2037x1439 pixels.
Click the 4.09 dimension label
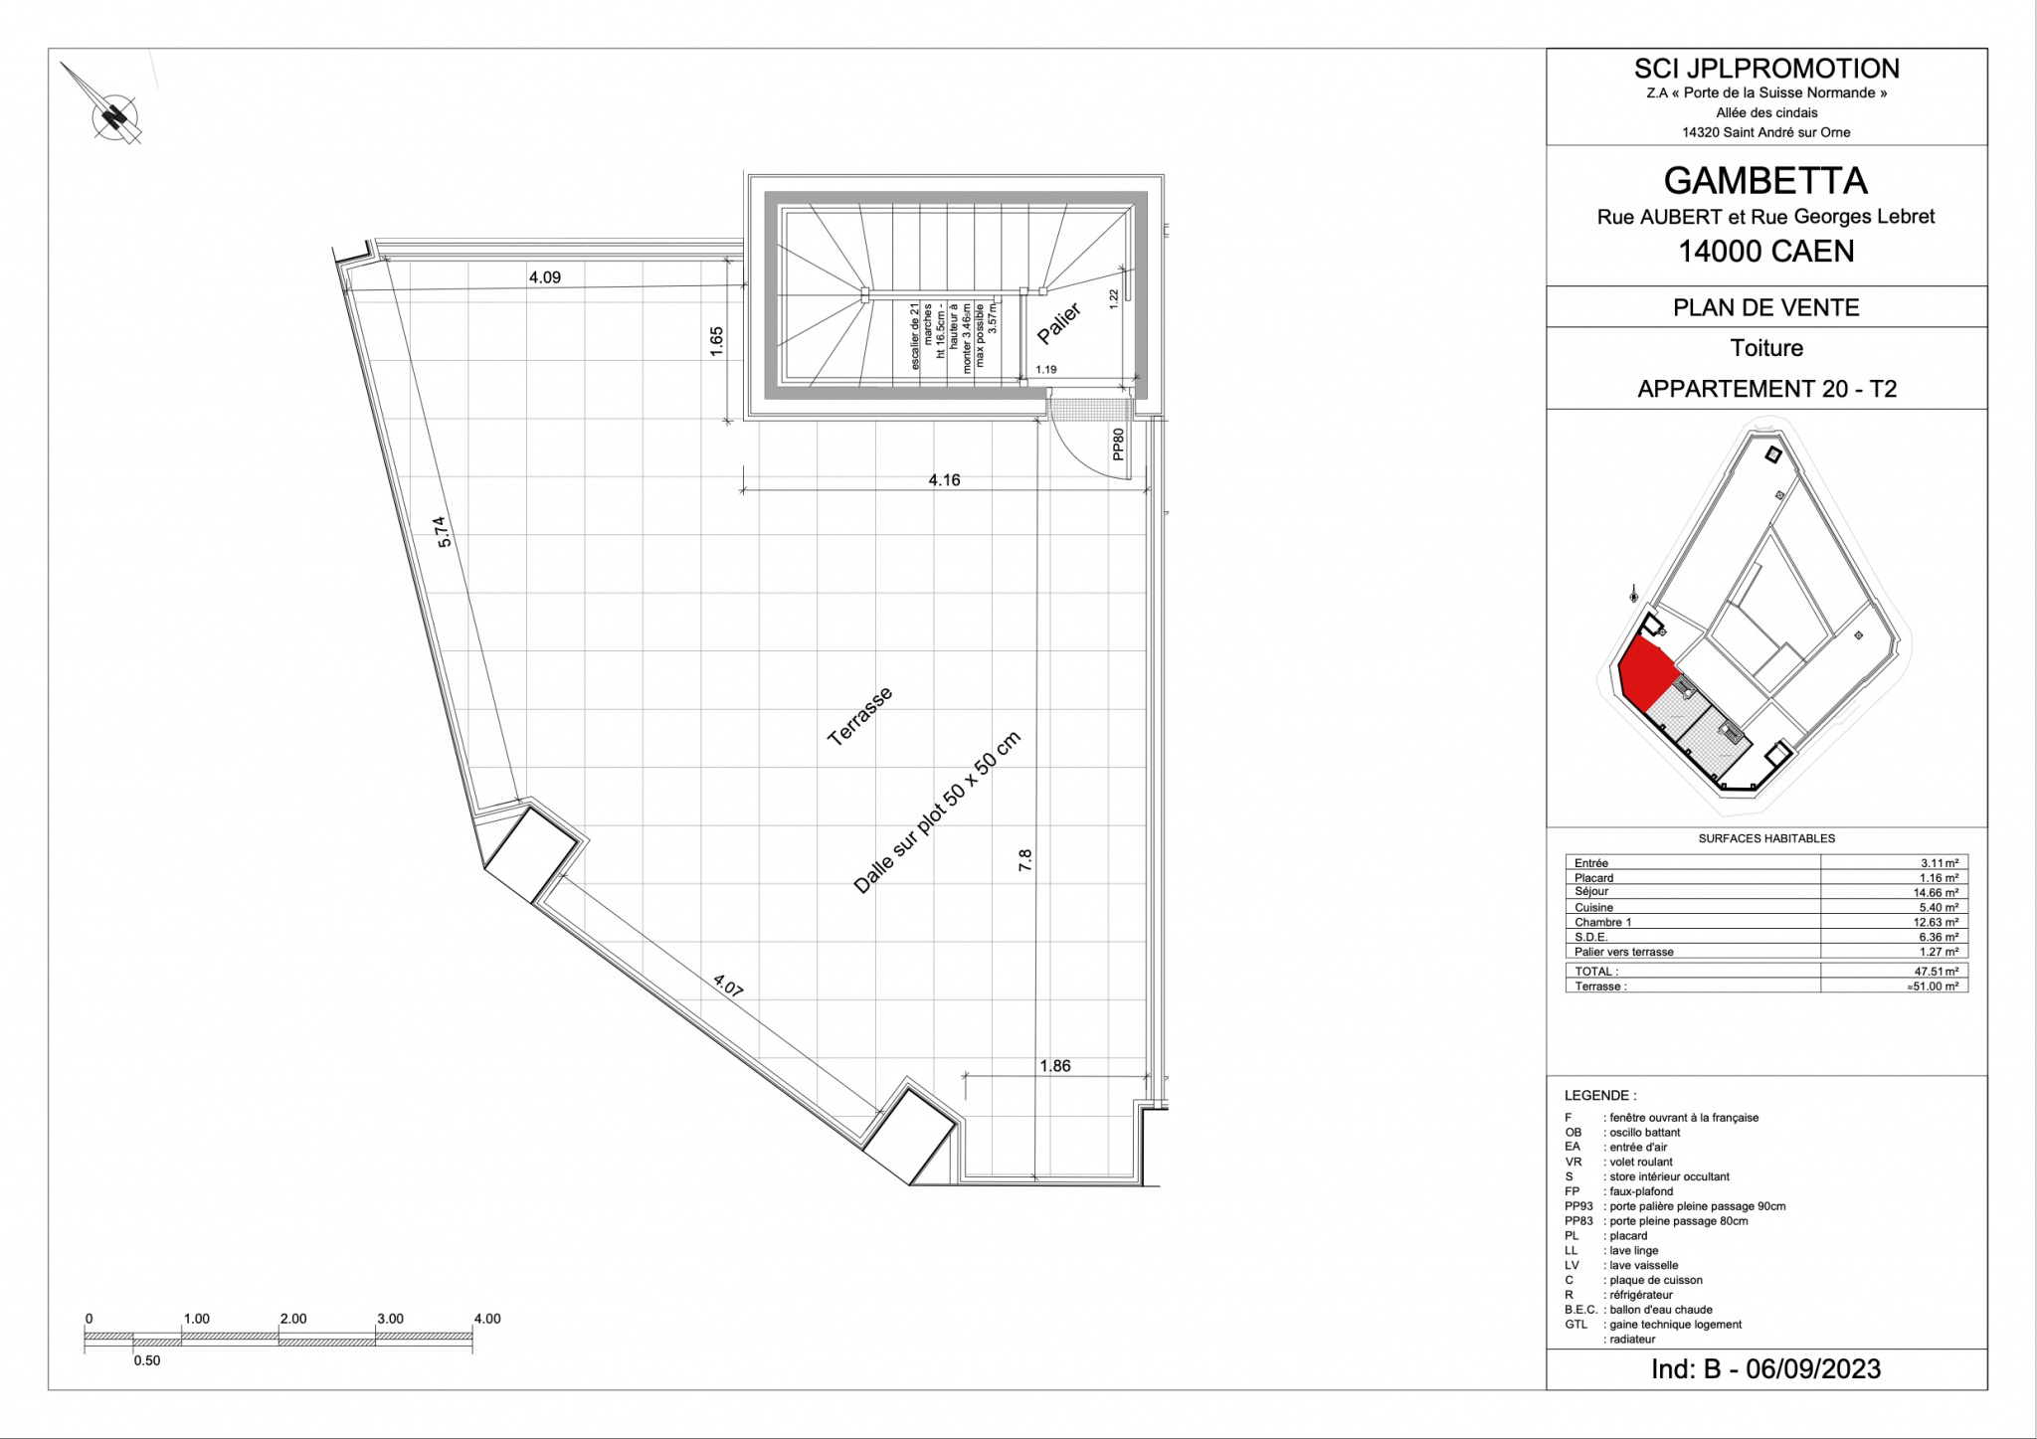[x=544, y=277]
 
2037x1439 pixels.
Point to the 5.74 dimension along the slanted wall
[x=444, y=531]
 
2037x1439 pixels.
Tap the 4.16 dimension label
[x=944, y=480]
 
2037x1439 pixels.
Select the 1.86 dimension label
[x=1054, y=1066]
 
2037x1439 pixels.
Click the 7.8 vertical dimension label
[x=1025, y=860]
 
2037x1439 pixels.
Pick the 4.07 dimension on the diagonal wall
[x=728, y=985]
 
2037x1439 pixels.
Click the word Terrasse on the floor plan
[x=860, y=716]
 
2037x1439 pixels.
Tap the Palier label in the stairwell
[x=1059, y=324]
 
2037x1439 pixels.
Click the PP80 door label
[x=1118, y=445]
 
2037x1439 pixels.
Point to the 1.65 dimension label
[x=716, y=341]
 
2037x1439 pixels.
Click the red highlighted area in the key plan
[x=1646, y=670]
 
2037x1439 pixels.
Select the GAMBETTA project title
[x=1765, y=181]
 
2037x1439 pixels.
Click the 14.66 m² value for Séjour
[x=1936, y=893]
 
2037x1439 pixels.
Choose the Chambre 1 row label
[x=1602, y=923]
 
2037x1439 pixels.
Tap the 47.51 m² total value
[x=1936, y=972]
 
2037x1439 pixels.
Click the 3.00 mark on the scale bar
[x=390, y=1319]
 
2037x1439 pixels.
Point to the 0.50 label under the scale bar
[x=147, y=1360]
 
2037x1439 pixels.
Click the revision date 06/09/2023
[x=1813, y=1369]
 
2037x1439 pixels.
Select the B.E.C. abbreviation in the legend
[x=1580, y=1310]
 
